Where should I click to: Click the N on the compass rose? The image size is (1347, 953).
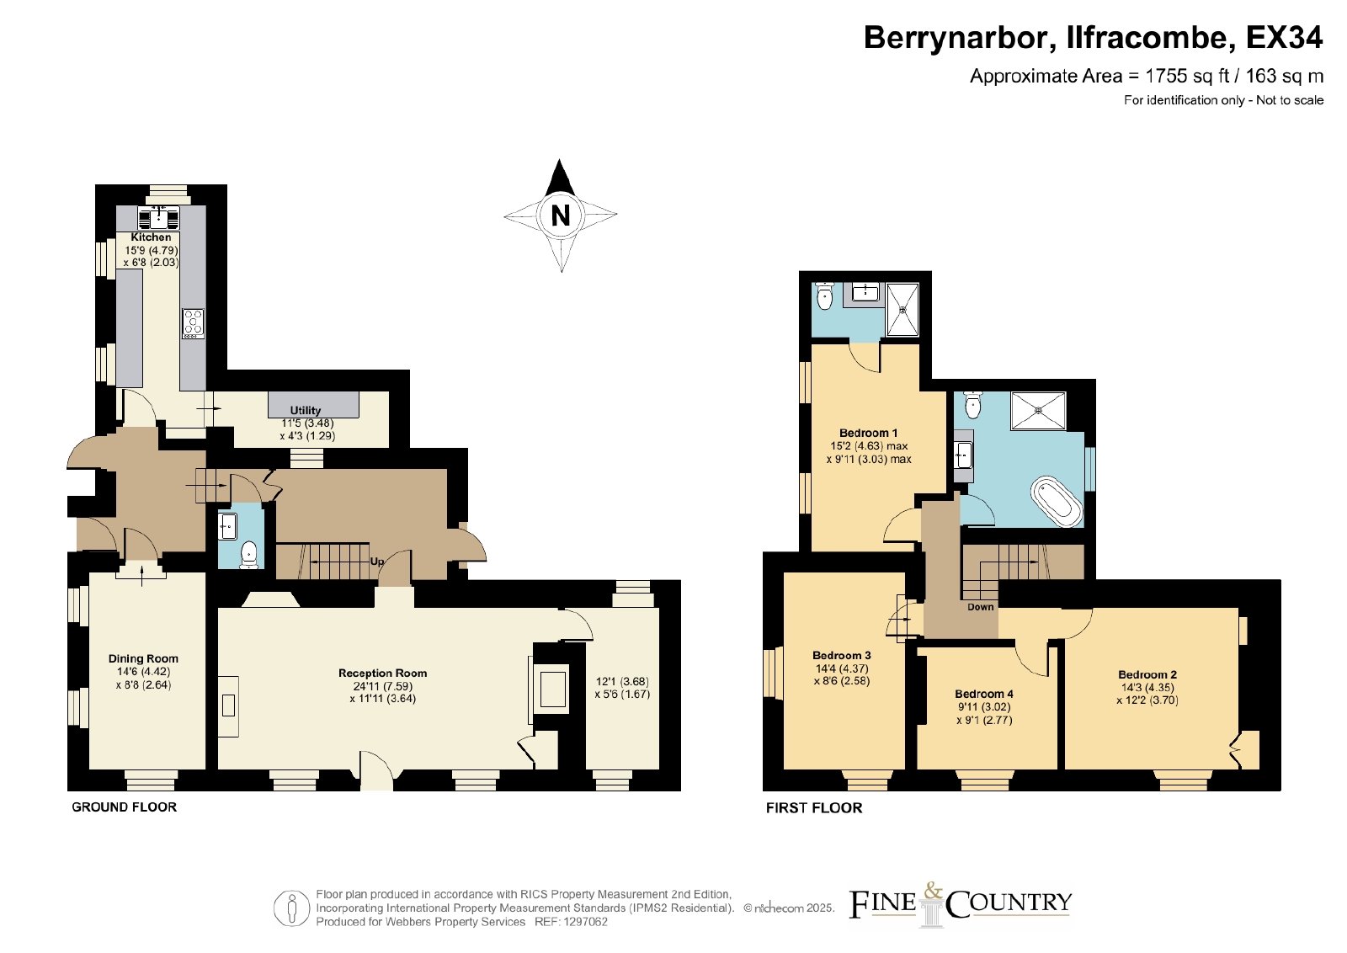click(561, 215)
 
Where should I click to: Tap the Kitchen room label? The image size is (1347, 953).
click(151, 237)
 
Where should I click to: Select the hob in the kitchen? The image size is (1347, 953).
click(193, 323)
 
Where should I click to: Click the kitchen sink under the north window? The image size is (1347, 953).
click(159, 218)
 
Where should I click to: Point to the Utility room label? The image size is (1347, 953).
click(306, 410)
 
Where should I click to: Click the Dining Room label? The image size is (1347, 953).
click(143, 658)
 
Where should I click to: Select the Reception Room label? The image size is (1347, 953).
click(382, 673)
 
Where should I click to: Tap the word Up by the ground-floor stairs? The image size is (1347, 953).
click(377, 562)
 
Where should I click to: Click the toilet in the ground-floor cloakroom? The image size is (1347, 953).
click(249, 554)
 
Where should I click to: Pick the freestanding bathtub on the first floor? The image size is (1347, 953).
click(1057, 502)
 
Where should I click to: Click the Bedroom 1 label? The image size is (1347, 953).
click(868, 433)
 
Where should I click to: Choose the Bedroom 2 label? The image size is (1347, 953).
click(1147, 674)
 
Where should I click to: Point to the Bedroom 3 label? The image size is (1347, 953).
click(841, 655)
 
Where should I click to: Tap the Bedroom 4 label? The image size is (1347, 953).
click(984, 694)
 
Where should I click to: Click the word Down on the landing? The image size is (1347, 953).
click(980, 607)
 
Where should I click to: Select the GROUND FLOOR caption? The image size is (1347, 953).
click(125, 807)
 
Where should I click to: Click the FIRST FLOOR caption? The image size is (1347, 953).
click(814, 807)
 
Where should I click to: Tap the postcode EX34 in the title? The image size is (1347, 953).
click(1284, 37)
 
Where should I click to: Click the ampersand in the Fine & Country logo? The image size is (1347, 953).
click(933, 891)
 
